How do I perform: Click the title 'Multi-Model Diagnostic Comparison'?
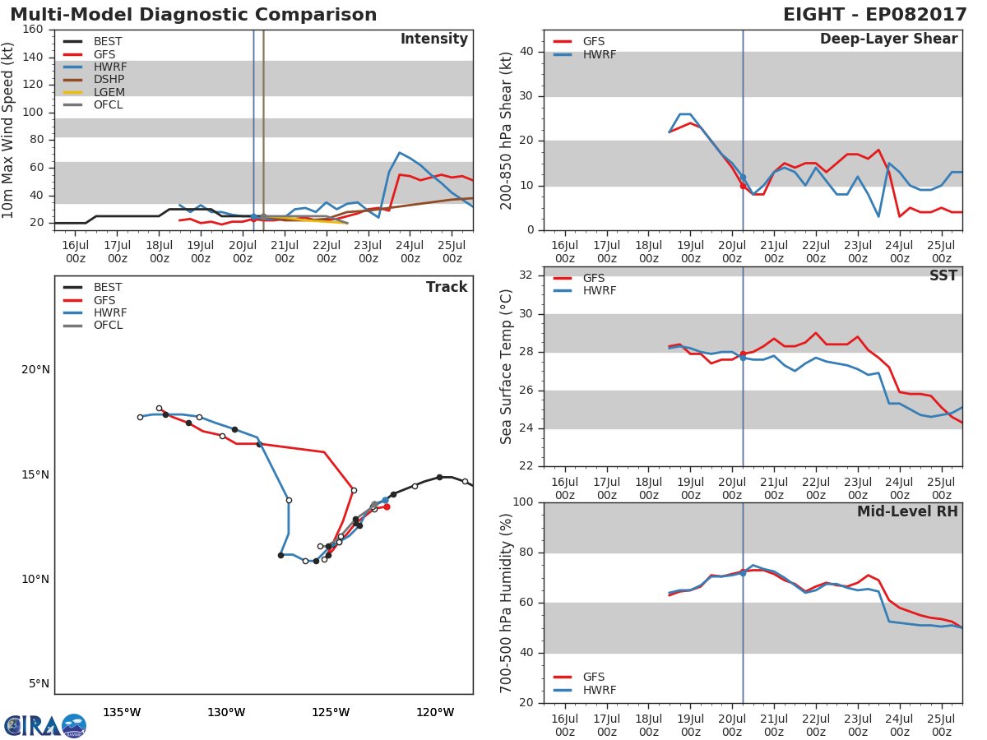tap(193, 14)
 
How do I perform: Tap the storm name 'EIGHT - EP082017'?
tap(874, 14)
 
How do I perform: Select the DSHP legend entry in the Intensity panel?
tap(94, 80)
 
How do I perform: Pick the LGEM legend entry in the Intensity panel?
tap(94, 92)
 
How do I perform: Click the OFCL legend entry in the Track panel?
tap(93, 326)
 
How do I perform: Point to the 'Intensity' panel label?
tap(434, 39)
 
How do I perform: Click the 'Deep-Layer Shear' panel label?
tap(888, 39)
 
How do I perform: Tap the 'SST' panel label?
tap(943, 275)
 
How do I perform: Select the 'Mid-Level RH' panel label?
tap(907, 511)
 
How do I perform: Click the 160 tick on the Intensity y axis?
tap(33, 30)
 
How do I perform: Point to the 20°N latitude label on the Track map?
tap(35, 370)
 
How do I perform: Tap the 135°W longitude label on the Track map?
tap(122, 713)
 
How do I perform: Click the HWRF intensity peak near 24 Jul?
tap(399, 153)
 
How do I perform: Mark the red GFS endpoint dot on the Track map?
tap(387, 507)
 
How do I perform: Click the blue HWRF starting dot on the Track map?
tap(385, 501)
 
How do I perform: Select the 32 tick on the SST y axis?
tap(526, 275)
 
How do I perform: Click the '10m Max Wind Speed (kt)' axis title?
tap(7, 131)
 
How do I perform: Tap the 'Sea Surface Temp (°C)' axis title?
tap(506, 368)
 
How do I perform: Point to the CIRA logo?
tap(45, 726)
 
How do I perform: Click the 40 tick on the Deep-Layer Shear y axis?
tap(526, 52)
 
